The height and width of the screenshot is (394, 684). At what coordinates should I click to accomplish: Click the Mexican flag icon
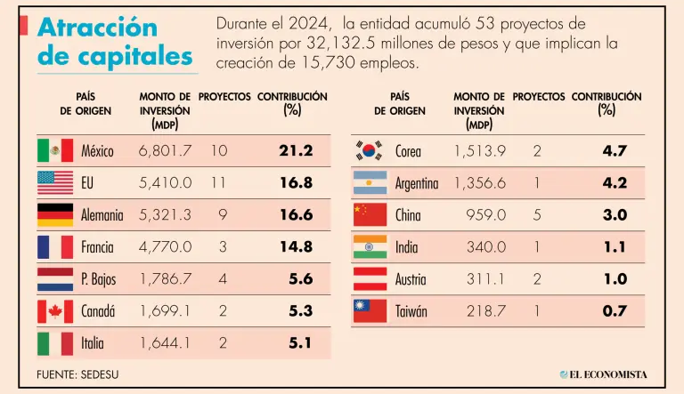point(55,150)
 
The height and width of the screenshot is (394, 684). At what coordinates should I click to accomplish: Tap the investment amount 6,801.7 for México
point(165,151)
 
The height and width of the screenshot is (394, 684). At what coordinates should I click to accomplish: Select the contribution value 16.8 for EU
point(296,183)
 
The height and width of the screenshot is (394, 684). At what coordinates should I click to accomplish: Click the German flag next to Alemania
point(55,215)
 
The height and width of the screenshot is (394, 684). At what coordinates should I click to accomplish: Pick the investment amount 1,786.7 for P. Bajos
point(165,279)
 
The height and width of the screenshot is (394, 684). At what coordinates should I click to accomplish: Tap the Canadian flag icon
point(55,311)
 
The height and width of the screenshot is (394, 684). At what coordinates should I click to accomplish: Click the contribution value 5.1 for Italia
point(301,343)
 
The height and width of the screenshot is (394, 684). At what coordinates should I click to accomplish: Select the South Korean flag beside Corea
point(370,150)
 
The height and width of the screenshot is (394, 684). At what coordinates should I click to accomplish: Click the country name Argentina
point(417,183)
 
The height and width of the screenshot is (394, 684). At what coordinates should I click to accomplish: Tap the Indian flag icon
point(370,247)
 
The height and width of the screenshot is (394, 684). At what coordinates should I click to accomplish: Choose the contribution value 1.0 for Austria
point(615,279)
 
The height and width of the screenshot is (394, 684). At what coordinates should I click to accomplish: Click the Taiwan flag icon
point(370,311)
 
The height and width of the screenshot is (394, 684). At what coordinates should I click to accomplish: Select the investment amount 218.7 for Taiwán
point(485,311)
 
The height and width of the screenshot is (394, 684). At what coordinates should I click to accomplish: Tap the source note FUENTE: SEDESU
point(77,374)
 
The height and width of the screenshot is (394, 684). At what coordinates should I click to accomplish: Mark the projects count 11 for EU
point(219,183)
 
